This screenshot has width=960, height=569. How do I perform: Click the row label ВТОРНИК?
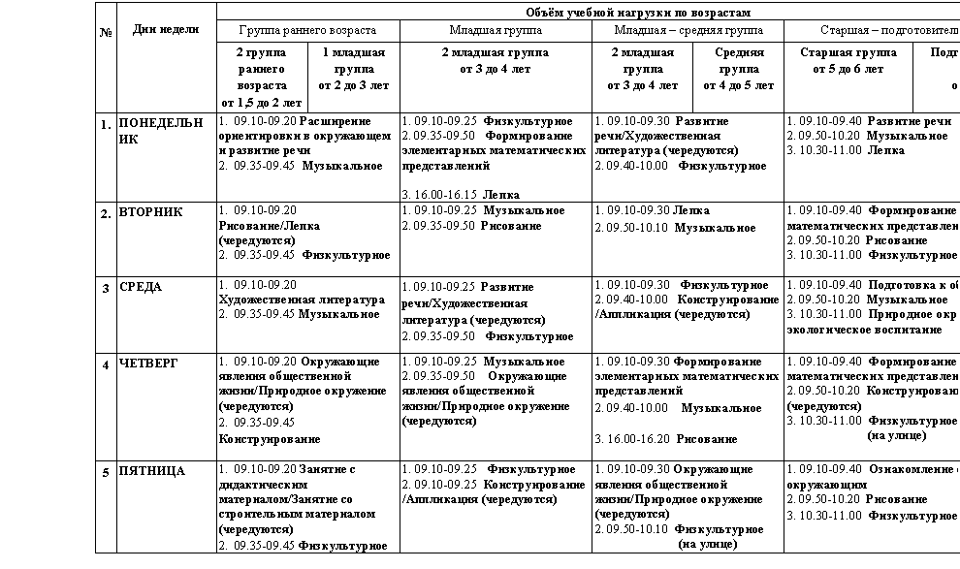tap(150, 211)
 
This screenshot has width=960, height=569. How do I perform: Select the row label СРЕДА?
tap(141, 287)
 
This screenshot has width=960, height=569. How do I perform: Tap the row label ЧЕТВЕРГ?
tap(148, 363)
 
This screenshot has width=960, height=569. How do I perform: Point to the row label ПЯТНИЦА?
tap(151, 471)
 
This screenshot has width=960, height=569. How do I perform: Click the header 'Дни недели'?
tap(166, 29)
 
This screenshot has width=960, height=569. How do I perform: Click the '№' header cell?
tap(106, 32)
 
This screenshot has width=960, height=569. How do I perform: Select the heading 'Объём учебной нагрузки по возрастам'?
tap(638, 13)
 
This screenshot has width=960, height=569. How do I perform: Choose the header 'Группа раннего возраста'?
tap(307, 30)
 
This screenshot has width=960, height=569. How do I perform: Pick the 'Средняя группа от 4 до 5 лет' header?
tap(738, 69)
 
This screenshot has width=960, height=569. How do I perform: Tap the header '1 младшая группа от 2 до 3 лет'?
tap(354, 69)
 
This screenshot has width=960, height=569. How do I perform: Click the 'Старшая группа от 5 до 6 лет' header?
tap(848, 60)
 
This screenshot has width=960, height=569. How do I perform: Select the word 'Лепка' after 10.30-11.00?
tap(886, 150)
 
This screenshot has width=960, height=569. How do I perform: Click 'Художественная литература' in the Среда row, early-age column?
tap(302, 300)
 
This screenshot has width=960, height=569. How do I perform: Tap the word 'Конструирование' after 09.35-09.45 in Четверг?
tap(270, 439)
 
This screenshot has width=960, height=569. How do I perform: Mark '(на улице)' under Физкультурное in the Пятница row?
tap(707, 544)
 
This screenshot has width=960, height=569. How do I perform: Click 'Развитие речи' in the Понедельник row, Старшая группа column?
tap(910, 121)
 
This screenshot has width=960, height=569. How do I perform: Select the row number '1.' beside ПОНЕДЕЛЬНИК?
tap(106, 125)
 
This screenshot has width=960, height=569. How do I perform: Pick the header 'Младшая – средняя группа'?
tap(688, 30)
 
